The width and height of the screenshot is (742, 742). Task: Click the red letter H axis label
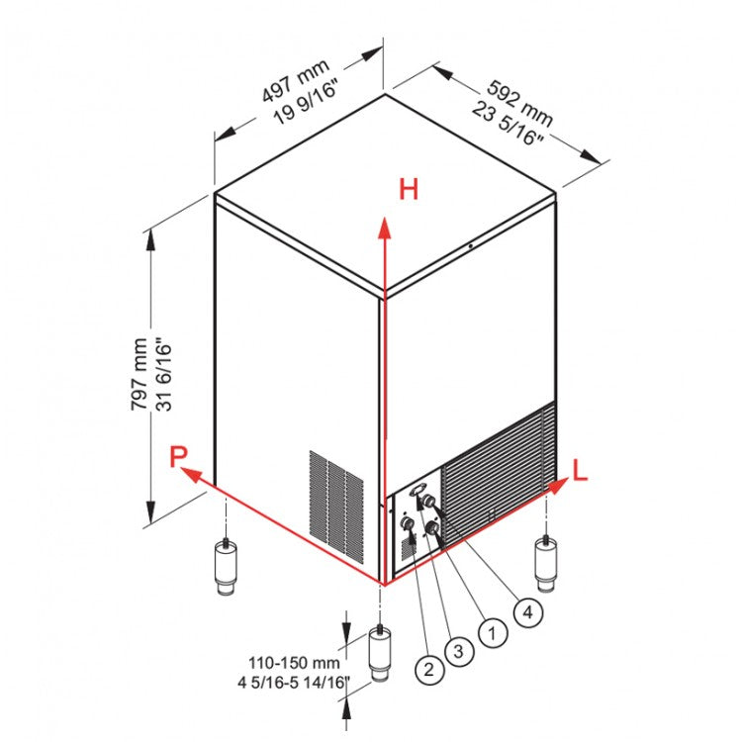(409, 190)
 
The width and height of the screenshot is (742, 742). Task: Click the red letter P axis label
(178, 456)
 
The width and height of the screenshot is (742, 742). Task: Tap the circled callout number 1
(491, 630)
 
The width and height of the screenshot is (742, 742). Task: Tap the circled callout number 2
(428, 670)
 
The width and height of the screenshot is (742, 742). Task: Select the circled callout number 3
(457, 651)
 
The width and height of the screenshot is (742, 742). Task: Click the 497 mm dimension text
(294, 80)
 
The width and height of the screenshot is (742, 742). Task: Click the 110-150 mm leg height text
(296, 663)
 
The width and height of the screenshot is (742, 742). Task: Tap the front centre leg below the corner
(382, 652)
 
